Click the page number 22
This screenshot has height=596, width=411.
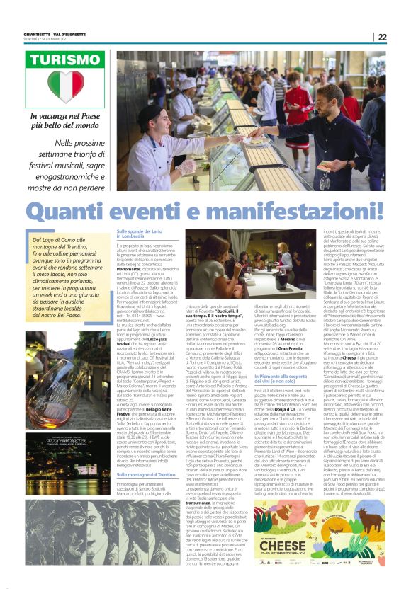click(x=383, y=38)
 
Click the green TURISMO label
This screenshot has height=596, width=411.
click(x=64, y=59)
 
